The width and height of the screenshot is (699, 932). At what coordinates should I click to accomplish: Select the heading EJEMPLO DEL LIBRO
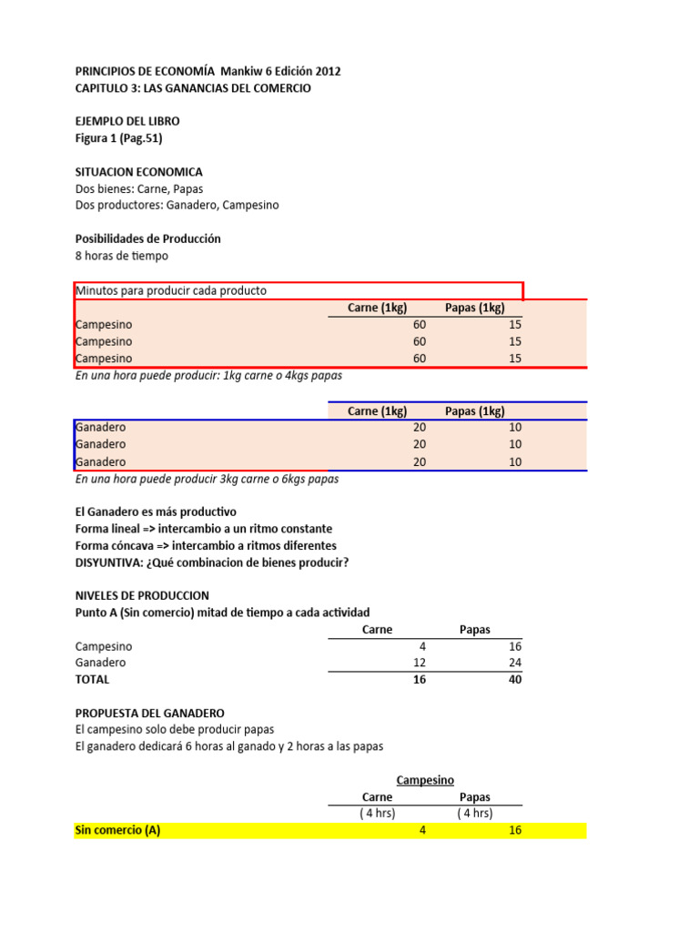click(x=127, y=122)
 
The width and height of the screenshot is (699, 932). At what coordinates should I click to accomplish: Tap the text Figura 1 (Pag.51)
click(x=118, y=138)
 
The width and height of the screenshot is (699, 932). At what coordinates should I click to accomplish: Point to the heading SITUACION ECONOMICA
click(x=138, y=172)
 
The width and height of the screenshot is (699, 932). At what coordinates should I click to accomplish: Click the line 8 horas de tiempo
click(x=121, y=256)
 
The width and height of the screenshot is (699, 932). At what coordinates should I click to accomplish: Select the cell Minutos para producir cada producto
click(x=171, y=290)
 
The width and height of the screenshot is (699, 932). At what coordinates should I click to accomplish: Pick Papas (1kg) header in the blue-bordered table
click(x=474, y=411)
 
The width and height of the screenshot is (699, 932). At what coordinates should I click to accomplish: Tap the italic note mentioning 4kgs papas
click(x=208, y=375)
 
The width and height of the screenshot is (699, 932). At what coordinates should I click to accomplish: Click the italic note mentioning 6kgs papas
click(x=207, y=479)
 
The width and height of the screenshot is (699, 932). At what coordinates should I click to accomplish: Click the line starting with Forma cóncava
click(x=206, y=545)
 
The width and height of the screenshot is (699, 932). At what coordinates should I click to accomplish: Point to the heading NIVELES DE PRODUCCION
click(x=142, y=595)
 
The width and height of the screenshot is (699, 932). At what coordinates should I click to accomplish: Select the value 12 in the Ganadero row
click(x=420, y=663)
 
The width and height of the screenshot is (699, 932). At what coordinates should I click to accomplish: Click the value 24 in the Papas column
click(x=515, y=663)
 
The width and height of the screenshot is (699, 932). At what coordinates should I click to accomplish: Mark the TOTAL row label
click(x=92, y=679)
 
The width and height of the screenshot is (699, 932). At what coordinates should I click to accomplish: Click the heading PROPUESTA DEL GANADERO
click(x=149, y=713)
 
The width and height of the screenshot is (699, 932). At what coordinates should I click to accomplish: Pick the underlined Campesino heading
click(x=425, y=780)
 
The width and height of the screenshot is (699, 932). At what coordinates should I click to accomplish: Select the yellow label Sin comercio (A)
click(x=117, y=830)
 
